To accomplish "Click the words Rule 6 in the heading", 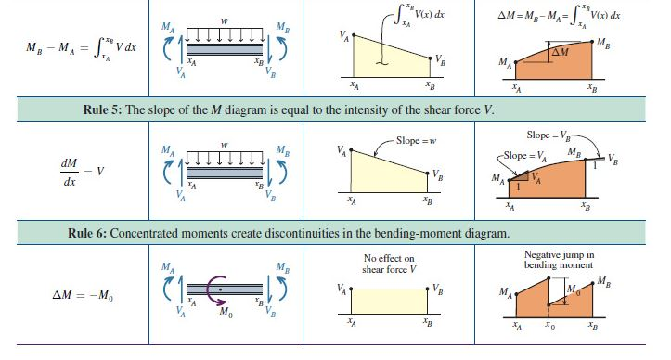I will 89,232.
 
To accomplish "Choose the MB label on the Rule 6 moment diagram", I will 604,281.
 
